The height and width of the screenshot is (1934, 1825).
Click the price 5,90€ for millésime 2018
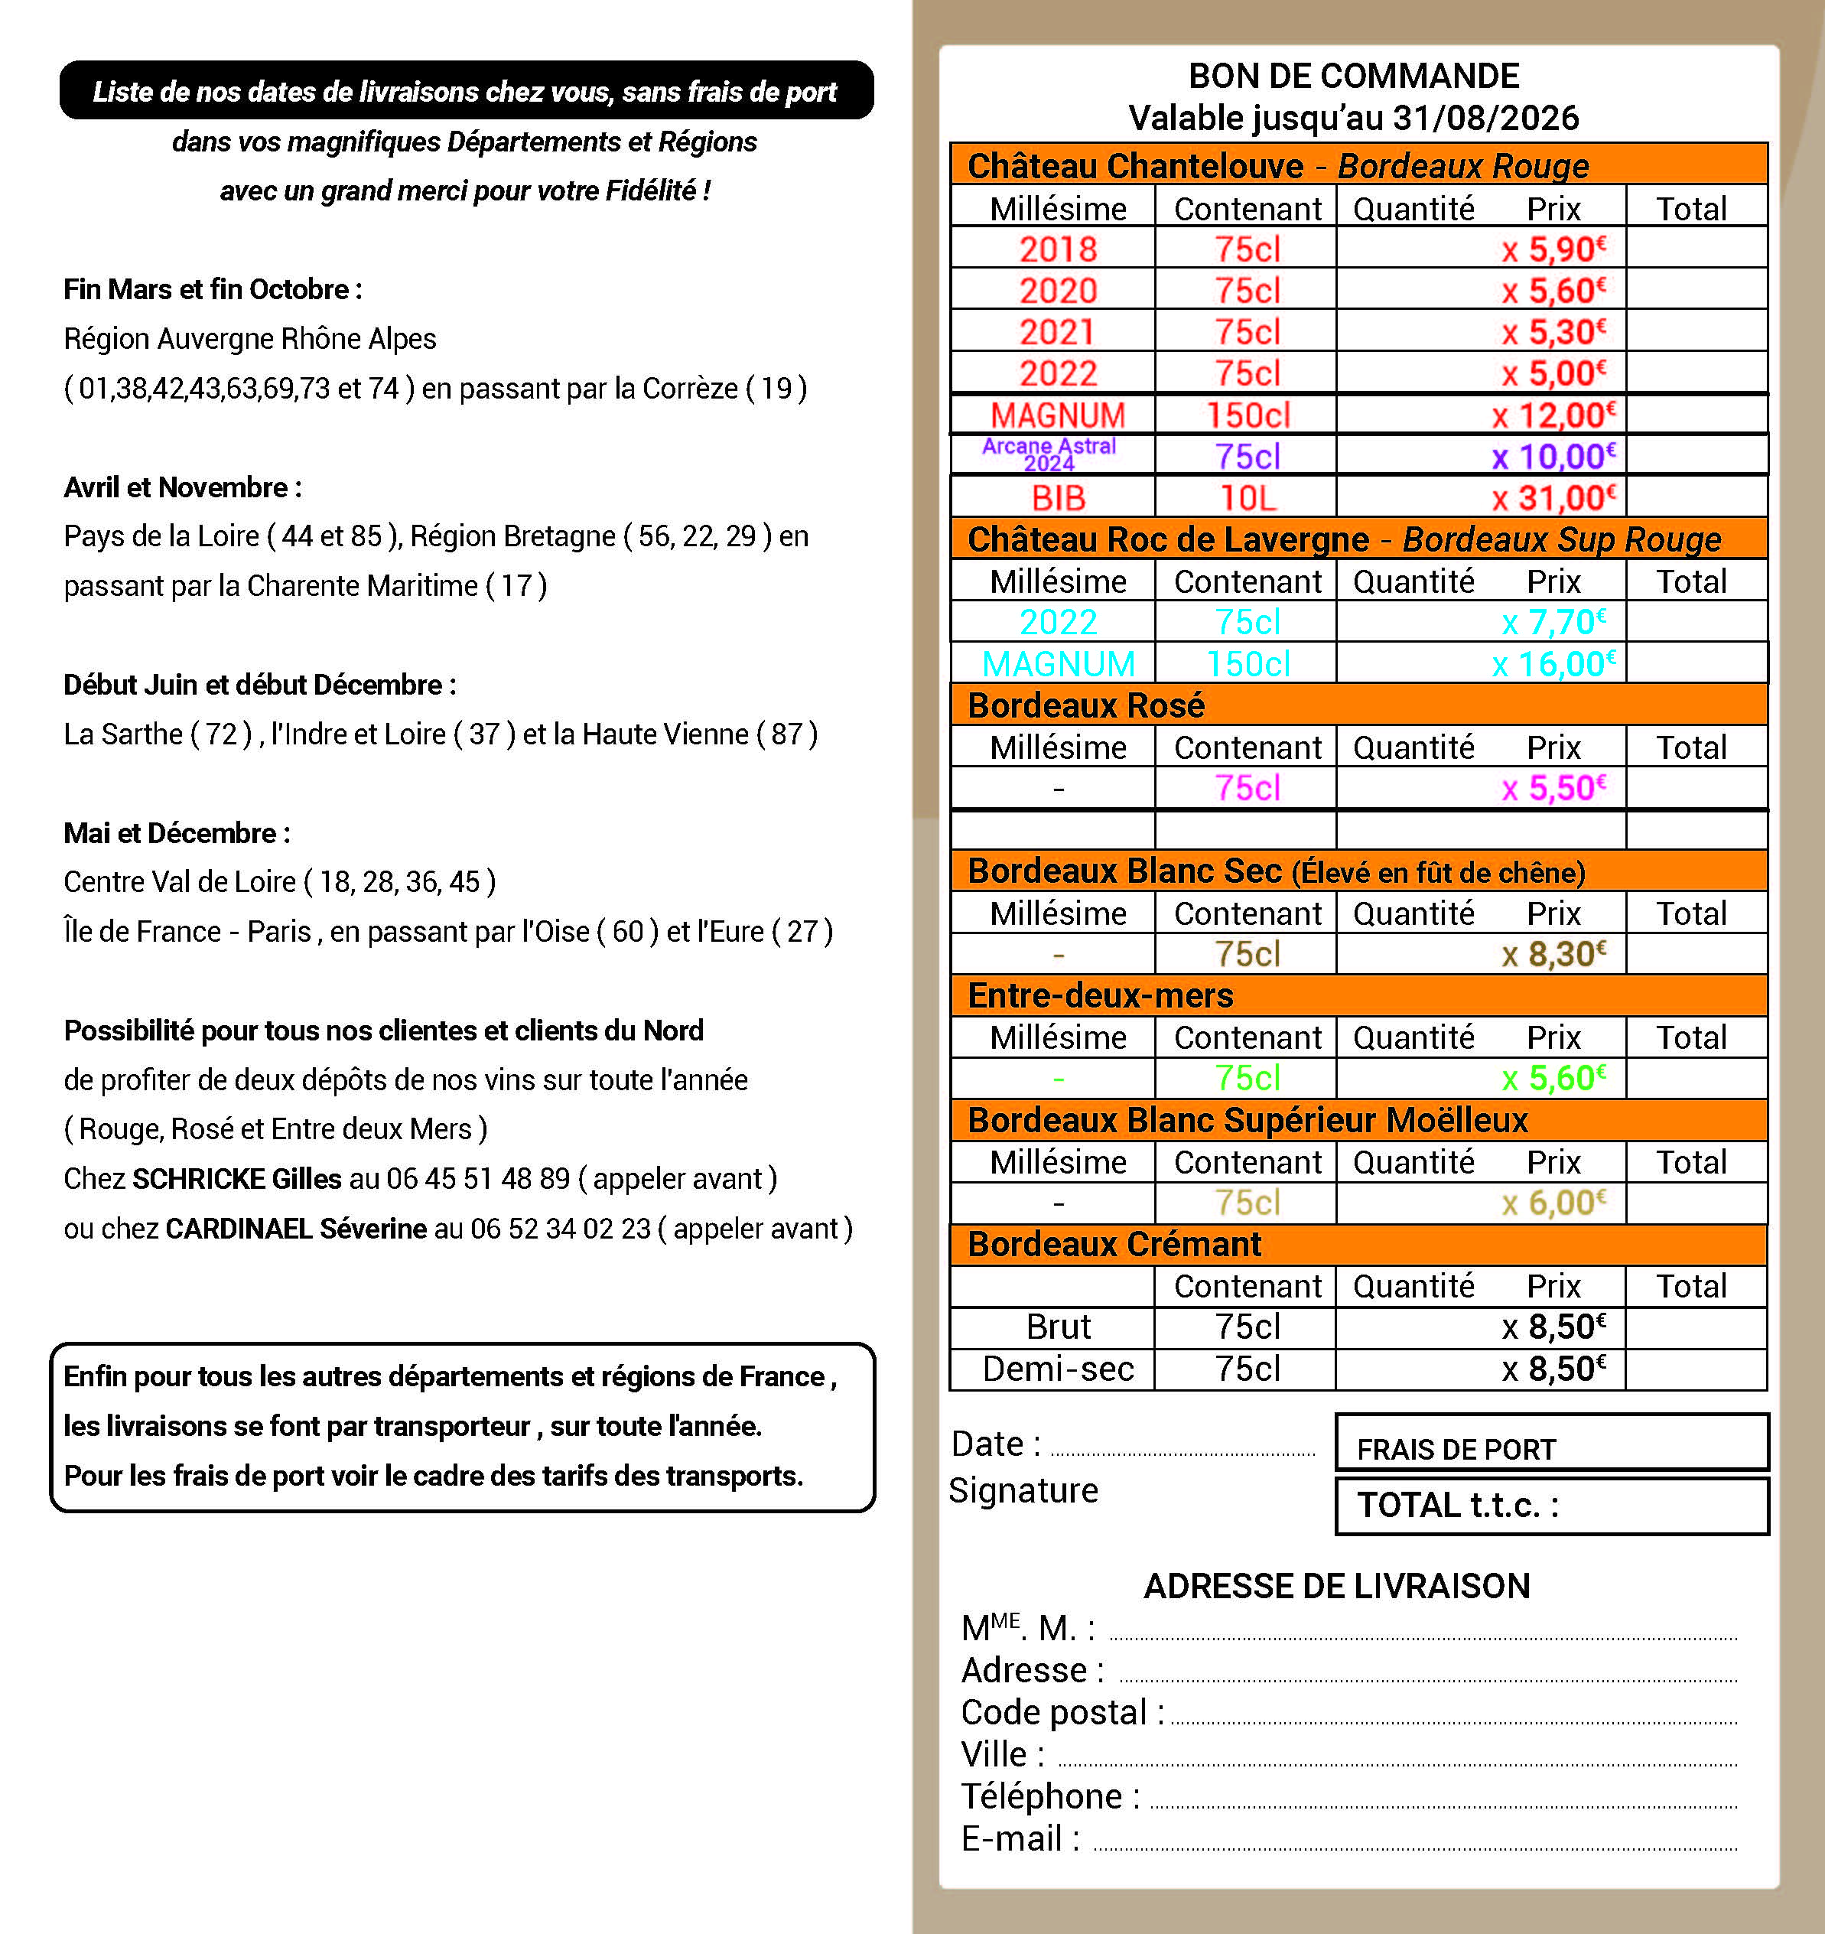click(x=1553, y=250)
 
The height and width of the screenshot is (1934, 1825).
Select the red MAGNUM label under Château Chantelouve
click(x=1058, y=415)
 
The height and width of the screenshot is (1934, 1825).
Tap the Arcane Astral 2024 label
click(x=1049, y=454)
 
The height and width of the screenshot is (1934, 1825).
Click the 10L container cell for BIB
click(x=1248, y=498)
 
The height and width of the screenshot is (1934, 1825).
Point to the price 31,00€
click(x=1553, y=498)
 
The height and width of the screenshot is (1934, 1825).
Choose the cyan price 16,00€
click(x=1553, y=663)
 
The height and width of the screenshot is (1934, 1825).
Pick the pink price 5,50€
click(x=1553, y=788)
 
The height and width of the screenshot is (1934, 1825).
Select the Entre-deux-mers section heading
click(x=1100, y=995)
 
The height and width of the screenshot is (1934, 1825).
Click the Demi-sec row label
click(x=1058, y=1369)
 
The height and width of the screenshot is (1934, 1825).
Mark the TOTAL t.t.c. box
click(x=1552, y=1506)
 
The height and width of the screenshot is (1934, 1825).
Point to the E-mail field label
click(x=1020, y=1838)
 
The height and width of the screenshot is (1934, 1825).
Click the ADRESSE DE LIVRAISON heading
click(x=1335, y=1586)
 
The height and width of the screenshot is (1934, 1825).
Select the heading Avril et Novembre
click(x=182, y=487)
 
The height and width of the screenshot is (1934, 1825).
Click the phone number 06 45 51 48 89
click(x=477, y=1179)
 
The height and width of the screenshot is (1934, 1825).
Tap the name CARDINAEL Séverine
click(x=296, y=1229)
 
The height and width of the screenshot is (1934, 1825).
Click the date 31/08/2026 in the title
click(x=1485, y=119)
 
